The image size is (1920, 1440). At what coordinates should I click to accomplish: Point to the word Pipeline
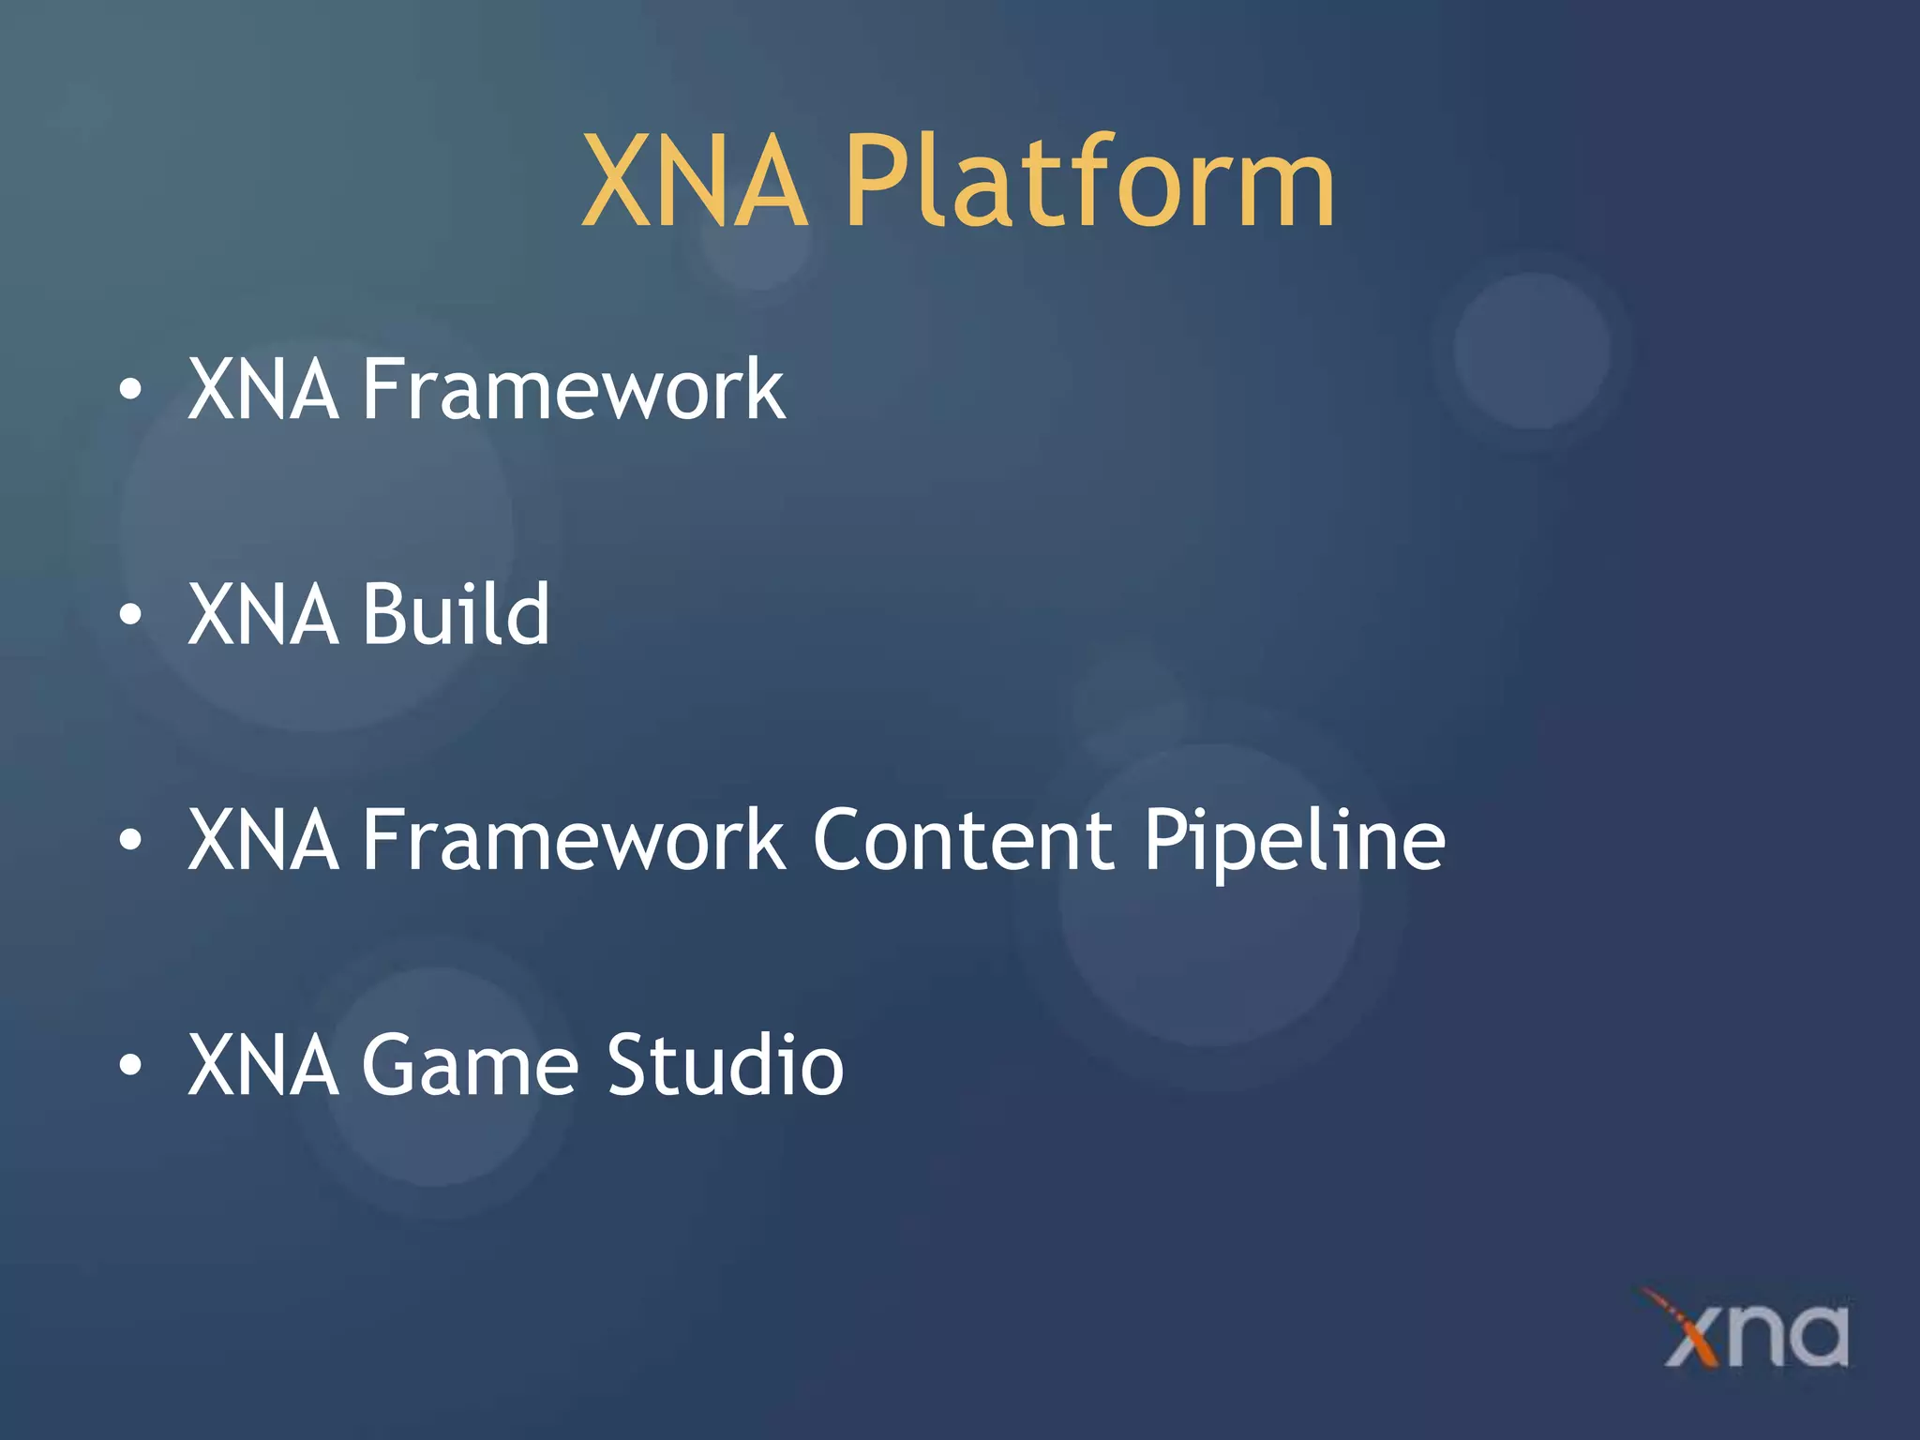[1294, 841]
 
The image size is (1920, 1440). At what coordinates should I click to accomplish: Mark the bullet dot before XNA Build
[130, 615]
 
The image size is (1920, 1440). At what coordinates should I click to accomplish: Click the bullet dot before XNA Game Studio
[130, 1066]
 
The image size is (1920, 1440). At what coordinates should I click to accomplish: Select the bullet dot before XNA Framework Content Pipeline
[130, 841]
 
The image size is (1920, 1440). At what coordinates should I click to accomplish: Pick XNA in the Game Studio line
[263, 1065]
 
